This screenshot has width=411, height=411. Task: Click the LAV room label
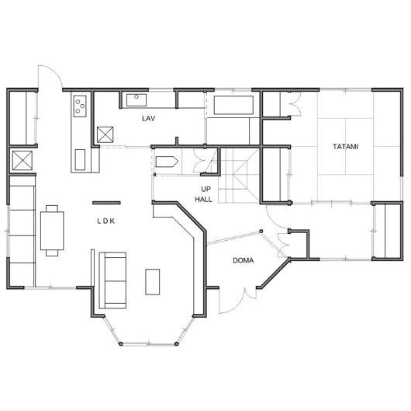click(149, 118)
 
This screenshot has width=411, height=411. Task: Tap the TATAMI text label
click(345, 147)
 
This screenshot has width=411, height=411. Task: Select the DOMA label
click(243, 260)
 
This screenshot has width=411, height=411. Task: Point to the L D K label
click(106, 221)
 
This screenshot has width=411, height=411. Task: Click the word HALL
click(203, 200)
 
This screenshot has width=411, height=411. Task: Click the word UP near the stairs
click(205, 189)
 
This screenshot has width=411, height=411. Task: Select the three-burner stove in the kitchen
click(80, 106)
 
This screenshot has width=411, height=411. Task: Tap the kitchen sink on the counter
click(80, 160)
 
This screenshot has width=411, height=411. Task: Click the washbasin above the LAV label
click(136, 100)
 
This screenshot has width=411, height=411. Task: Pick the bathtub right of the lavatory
click(233, 105)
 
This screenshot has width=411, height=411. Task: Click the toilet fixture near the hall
click(167, 162)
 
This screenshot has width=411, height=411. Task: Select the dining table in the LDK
click(52, 231)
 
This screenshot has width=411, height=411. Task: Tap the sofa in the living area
click(112, 280)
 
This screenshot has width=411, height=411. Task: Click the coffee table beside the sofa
click(153, 282)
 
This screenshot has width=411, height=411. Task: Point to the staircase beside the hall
click(239, 175)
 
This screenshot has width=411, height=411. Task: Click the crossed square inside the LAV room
click(105, 134)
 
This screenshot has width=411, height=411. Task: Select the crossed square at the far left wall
click(22, 160)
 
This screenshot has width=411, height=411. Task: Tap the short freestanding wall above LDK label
click(106, 203)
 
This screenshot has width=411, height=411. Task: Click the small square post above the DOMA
click(261, 231)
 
